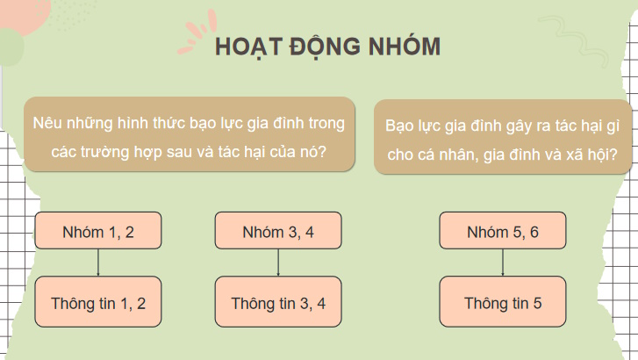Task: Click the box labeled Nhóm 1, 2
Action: tap(98, 233)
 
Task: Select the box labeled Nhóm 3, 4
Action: tap(278, 233)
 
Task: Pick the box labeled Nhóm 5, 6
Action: tap(503, 233)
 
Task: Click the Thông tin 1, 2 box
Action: tap(98, 304)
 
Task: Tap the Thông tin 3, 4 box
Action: tap(278, 304)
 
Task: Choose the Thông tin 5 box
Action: tap(503, 304)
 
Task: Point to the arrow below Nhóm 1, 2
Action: tap(98, 263)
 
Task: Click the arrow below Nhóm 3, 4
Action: tap(278, 263)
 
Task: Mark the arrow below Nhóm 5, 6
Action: tap(503, 263)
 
